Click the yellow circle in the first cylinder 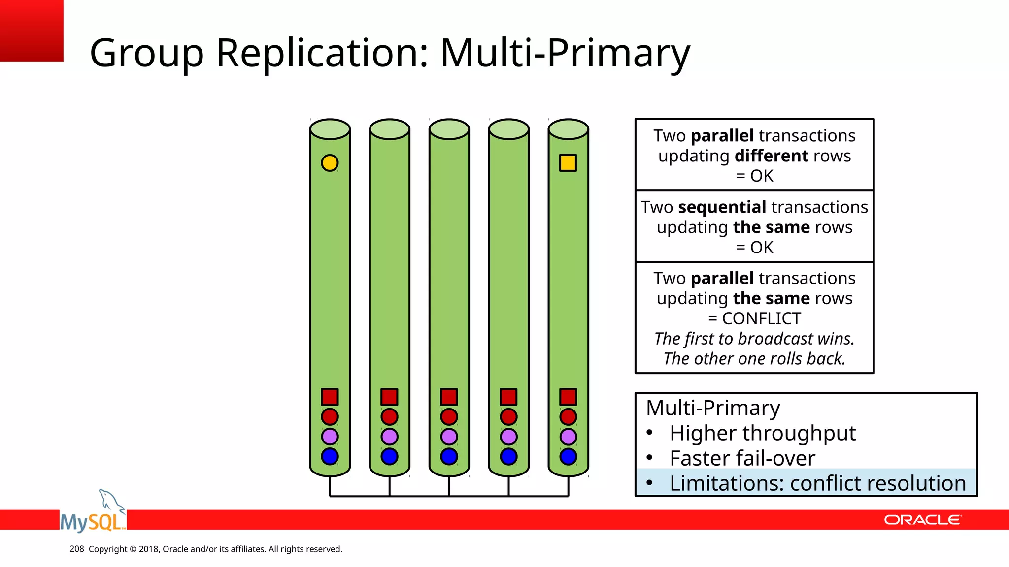click(330, 163)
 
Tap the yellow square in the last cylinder click(568, 163)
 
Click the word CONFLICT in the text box click(761, 319)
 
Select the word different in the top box click(771, 156)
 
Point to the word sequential click(722, 207)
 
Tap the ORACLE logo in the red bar click(922, 520)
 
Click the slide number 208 click(77, 549)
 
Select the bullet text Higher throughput click(762, 433)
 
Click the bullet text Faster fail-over click(742, 458)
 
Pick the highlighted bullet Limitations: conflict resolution click(817, 483)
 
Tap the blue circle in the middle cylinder click(449, 456)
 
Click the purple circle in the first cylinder click(330, 437)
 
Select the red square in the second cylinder click(389, 397)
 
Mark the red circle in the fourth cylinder click(508, 417)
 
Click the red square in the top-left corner click(32, 31)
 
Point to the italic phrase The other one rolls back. click(754, 359)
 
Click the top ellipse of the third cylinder click(449, 129)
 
